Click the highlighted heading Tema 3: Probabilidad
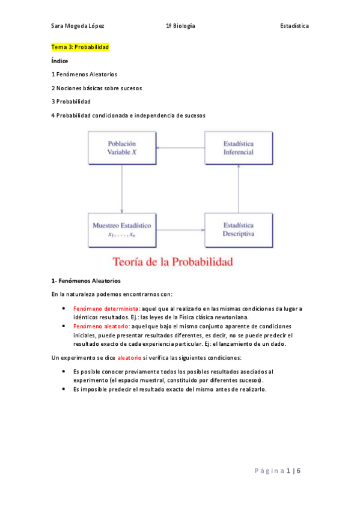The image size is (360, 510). click(80, 47)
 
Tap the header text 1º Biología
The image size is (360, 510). click(180, 26)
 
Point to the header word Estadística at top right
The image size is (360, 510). click(294, 26)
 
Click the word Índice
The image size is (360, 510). click(60, 61)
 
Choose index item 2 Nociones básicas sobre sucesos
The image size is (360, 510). click(97, 88)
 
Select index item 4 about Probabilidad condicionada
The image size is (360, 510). click(128, 115)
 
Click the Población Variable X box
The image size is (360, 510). click(122, 148)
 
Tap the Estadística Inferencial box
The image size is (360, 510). click(239, 148)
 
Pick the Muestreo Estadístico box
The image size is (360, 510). click(122, 230)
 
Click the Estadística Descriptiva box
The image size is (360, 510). click(239, 230)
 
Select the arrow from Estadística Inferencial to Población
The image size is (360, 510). click(181, 148)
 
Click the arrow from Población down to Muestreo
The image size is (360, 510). click(122, 188)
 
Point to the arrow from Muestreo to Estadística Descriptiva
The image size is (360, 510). click(181, 230)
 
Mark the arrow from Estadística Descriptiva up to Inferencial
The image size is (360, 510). click(239, 188)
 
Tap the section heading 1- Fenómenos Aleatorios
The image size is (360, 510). click(86, 280)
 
